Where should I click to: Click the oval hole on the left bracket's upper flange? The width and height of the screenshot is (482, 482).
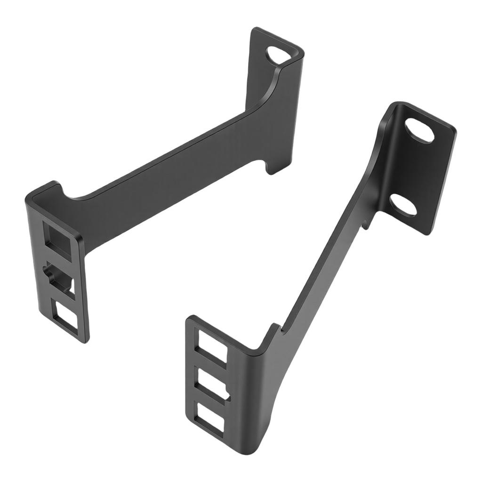(278, 55)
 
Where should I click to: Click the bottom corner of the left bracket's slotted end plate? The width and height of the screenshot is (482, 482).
(85, 340)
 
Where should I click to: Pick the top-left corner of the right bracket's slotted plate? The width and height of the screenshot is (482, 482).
(189, 318)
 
